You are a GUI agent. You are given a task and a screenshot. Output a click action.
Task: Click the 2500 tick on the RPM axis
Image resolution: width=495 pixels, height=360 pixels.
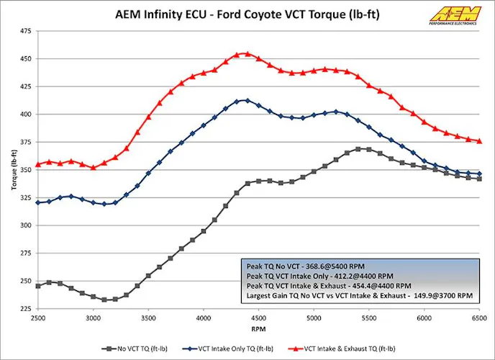coord(38,317)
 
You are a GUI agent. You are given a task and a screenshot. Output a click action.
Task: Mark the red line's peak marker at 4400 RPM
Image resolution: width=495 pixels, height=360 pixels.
coord(247,53)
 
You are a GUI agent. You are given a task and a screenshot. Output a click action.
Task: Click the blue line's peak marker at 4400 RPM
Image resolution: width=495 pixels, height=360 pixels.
coord(247,100)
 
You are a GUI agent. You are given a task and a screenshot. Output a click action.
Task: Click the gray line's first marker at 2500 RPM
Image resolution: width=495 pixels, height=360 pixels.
coord(38,286)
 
